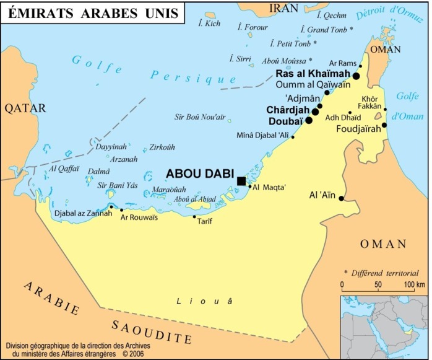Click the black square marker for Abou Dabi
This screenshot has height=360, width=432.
click(241, 180)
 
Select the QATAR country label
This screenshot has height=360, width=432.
click(25, 108)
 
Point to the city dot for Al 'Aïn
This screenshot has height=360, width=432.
click(341, 198)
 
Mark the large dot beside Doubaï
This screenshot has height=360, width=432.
click(309, 120)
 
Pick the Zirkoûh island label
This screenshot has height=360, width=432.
click(163, 148)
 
